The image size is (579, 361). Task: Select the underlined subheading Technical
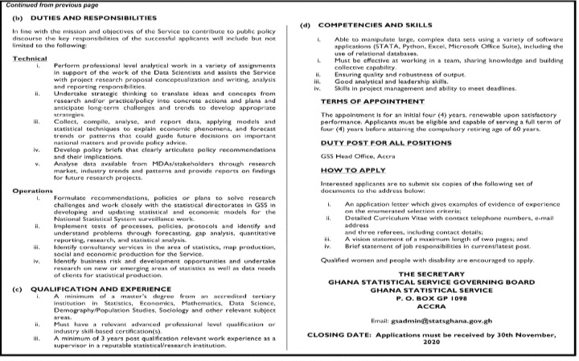coord(29,58)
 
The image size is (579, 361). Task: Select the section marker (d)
coord(304,27)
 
